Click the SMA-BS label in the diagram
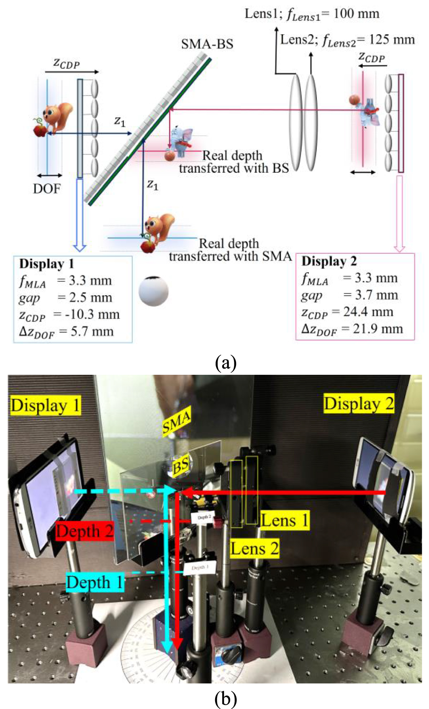tap(207, 44)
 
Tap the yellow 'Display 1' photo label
tap(45, 406)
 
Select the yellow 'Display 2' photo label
tap(359, 404)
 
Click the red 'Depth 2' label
tap(85, 531)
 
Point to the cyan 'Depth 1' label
tap(95, 582)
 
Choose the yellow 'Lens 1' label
tap(285, 521)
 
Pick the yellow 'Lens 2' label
tap(254, 548)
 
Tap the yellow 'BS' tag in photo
tap(181, 466)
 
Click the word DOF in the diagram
tap(47, 189)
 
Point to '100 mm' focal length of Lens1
tap(357, 14)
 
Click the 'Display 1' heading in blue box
tap(46, 264)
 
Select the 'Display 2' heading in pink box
tap(329, 261)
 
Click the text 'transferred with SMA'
tap(230, 256)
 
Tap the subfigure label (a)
tap(226, 363)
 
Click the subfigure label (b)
tap(226, 699)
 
